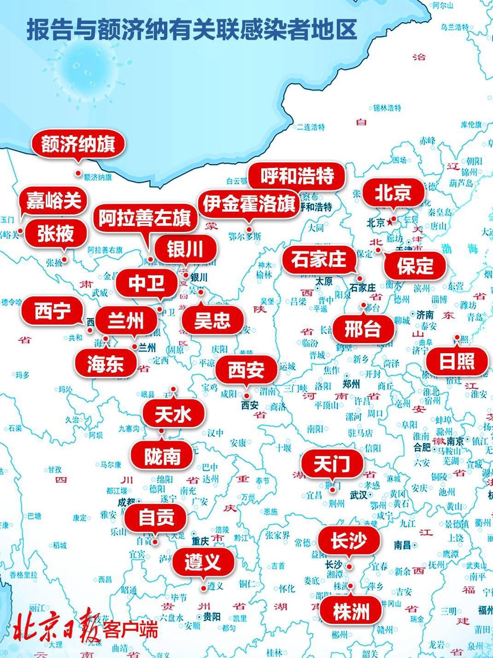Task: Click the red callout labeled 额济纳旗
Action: pos(78,144)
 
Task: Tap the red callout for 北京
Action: pos(393,193)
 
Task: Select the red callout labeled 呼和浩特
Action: pos(297,176)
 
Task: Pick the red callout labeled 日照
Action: pos(456,361)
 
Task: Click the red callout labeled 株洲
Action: pos(351,612)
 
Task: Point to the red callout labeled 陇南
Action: pos(162,456)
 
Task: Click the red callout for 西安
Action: pos(246,369)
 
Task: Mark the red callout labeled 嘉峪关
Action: pos(53,201)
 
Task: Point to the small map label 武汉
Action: pos(358,495)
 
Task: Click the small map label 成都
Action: pos(126,501)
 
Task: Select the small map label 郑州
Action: pos(352,383)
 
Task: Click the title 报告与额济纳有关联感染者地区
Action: pos(192,30)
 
